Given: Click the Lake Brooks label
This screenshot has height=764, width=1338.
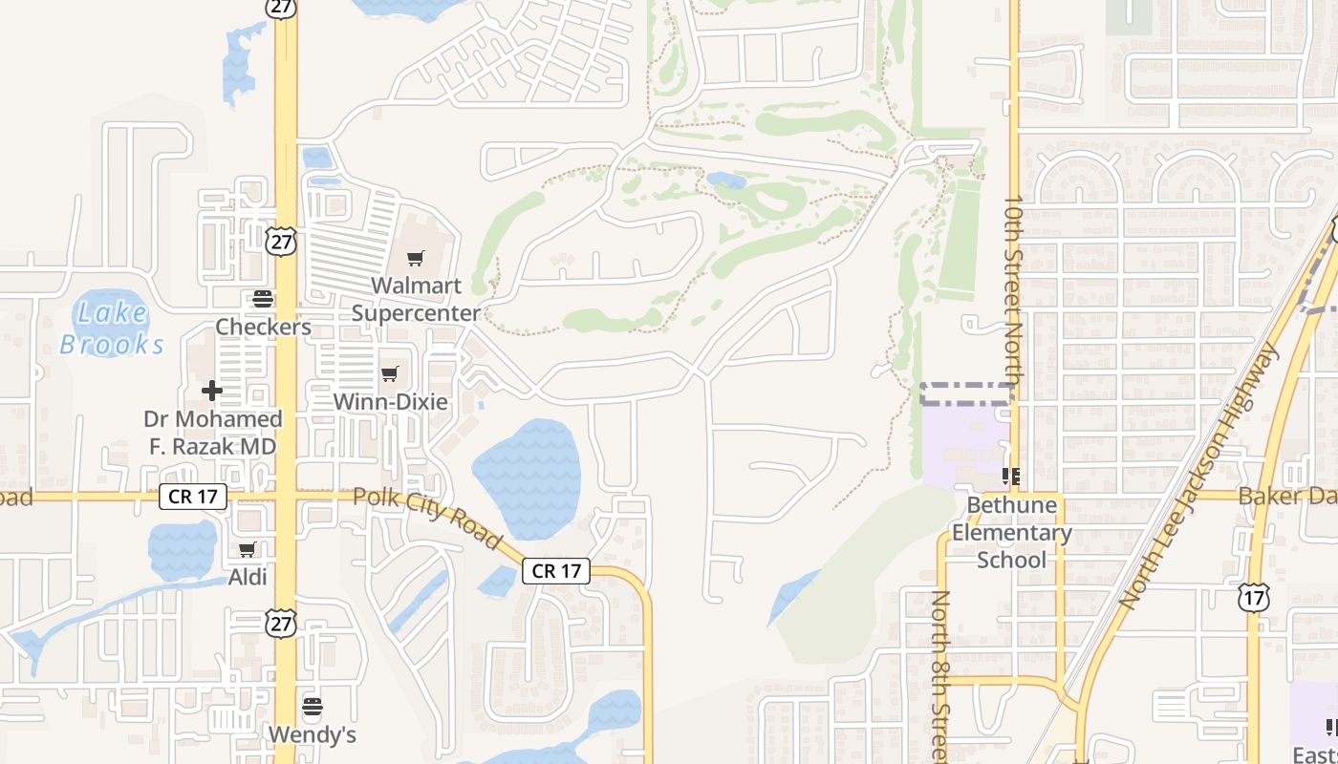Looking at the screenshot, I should click(x=113, y=328).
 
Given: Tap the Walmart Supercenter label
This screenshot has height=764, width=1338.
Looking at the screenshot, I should click(x=416, y=299).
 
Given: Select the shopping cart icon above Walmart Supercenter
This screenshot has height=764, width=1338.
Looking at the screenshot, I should click(x=415, y=259).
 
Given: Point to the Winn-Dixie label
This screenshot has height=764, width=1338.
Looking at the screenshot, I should click(x=390, y=401).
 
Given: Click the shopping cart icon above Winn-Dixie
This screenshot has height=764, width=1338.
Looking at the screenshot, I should click(x=389, y=373).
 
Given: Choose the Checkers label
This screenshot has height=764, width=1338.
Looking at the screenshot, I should click(x=263, y=327).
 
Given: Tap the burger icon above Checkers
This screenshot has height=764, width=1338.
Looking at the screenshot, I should click(x=262, y=299).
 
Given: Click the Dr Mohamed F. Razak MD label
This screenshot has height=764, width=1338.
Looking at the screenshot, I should click(x=213, y=433).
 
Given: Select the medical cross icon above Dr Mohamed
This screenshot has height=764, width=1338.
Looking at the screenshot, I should click(x=212, y=391).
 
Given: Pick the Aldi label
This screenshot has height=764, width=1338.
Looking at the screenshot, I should click(x=248, y=577).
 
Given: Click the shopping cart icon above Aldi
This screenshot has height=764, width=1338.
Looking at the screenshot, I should click(x=248, y=549).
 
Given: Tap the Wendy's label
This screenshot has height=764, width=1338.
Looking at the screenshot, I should click(x=313, y=734).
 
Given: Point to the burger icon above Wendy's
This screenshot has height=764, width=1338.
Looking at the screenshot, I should click(x=313, y=708).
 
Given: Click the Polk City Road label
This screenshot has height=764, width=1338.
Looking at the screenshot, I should click(x=427, y=517).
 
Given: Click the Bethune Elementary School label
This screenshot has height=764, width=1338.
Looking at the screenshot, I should click(x=1011, y=532).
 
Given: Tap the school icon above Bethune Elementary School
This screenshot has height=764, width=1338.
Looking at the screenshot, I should click(x=1011, y=476).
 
